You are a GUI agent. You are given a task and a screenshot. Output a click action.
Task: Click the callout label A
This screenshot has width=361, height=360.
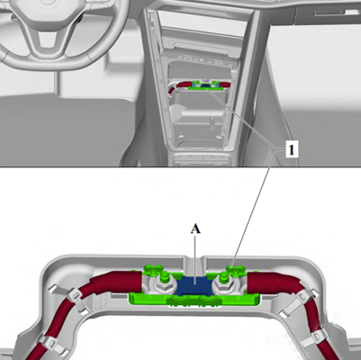(x=195, y=229)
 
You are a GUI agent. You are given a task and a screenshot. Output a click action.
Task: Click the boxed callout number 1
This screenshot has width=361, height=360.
(x=292, y=149)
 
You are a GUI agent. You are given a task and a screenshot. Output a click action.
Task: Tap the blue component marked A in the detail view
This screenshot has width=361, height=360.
(x=194, y=285)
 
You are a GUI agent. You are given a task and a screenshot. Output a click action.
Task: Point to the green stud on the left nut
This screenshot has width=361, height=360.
(x=164, y=276)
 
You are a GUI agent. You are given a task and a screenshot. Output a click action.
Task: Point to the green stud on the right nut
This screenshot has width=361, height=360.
(x=223, y=276)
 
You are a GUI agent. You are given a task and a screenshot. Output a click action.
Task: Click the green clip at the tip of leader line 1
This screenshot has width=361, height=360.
(x=236, y=268)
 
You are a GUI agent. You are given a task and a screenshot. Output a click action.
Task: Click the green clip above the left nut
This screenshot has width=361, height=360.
(x=152, y=269)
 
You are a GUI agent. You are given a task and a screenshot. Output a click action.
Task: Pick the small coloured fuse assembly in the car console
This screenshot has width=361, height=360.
(x=205, y=85)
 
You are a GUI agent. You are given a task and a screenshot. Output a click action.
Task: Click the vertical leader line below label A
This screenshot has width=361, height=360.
(x=195, y=258)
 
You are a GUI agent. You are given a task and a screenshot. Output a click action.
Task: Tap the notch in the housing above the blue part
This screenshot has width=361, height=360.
(x=194, y=262)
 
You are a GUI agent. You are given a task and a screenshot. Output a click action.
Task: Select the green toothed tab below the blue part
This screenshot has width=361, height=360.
(x=191, y=301)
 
